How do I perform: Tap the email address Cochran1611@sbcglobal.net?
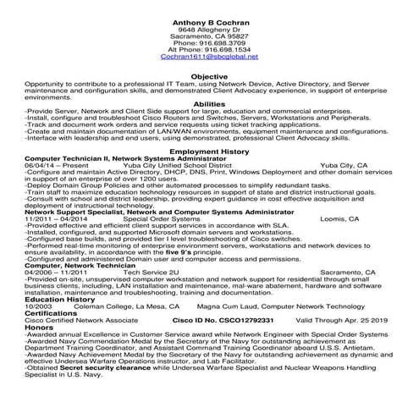pos(209,57)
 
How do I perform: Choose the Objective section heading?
pos(209,76)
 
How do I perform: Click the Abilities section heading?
pos(209,103)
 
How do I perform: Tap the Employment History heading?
pos(209,151)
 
